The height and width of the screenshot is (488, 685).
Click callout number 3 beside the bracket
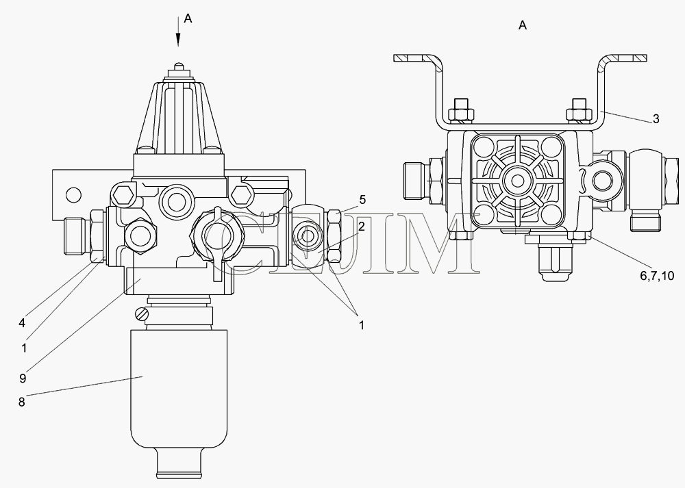[656, 118]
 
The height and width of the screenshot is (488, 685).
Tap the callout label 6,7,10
[657, 275]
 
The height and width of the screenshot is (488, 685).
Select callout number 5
[362, 200]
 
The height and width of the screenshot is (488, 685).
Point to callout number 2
[361, 227]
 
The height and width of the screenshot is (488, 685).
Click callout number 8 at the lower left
[21, 402]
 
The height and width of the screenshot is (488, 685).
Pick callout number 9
[23, 378]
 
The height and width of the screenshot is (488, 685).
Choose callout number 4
[22, 323]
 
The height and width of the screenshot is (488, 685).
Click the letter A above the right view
[523, 26]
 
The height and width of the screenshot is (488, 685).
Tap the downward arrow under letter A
[178, 31]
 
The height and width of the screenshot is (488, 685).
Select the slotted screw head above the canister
[141, 315]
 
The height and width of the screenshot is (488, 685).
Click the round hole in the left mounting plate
[74, 194]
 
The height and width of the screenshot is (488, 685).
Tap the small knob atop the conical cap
[178, 66]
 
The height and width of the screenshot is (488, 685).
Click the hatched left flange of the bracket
[415, 57]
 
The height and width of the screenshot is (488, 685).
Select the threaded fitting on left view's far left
[77, 236]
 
